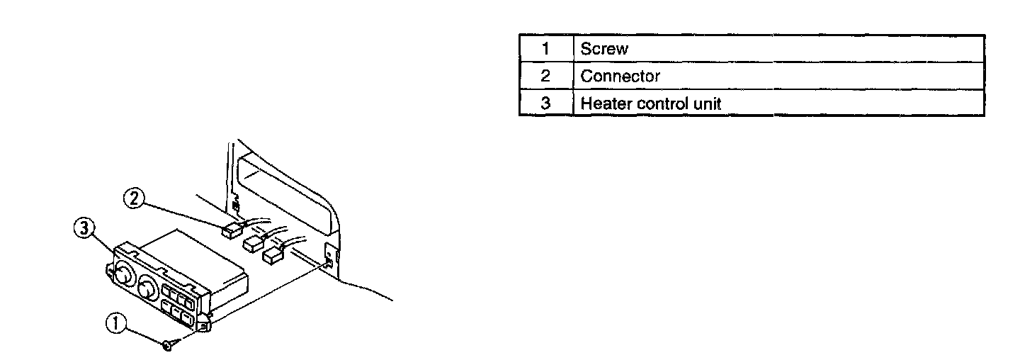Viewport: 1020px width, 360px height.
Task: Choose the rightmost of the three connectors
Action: pyautogui.click(x=273, y=254)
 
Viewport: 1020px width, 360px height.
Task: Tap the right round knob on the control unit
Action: pyautogui.click(x=147, y=288)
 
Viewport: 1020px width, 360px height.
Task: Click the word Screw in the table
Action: pyautogui.click(x=603, y=50)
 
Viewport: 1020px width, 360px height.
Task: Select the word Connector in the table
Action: pyautogui.click(x=620, y=77)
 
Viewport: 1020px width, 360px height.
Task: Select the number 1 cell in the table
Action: pyautogui.click(x=545, y=50)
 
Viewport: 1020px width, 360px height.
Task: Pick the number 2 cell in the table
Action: pyautogui.click(x=545, y=77)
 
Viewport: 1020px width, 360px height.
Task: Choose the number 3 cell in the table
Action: pyautogui.click(x=545, y=103)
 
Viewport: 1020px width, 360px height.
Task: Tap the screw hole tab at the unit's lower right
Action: pyautogui.click(x=203, y=325)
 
